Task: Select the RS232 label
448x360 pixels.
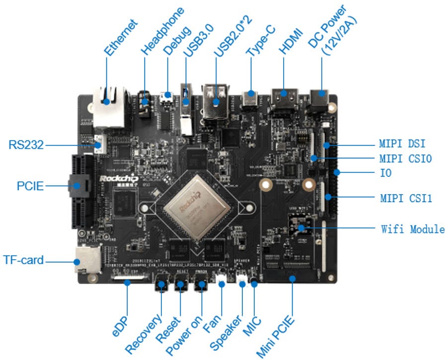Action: (x=26, y=145)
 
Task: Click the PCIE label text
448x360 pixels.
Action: (x=29, y=186)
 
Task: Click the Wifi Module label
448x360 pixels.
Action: (x=413, y=229)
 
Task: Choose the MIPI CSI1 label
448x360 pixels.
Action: (x=404, y=199)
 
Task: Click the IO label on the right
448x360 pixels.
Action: (x=384, y=173)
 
